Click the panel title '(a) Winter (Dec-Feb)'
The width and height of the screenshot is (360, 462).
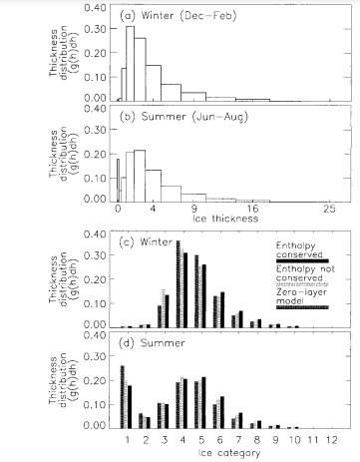click(178, 16)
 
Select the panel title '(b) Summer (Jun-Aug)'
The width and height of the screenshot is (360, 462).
click(183, 117)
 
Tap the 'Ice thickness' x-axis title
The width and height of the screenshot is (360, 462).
click(225, 219)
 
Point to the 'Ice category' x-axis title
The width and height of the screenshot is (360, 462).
click(229, 453)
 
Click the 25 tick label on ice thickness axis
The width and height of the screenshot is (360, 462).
click(329, 209)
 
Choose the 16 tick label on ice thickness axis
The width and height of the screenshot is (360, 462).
click(252, 209)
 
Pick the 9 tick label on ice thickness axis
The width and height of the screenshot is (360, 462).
click(193, 209)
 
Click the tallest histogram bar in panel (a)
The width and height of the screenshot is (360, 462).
click(130, 63)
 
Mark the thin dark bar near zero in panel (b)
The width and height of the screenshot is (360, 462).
click(118, 181)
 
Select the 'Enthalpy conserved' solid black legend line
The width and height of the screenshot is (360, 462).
click(302, 260)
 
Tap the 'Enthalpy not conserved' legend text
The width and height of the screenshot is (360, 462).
click(305, 273)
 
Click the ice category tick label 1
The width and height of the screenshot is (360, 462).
click(128, 440)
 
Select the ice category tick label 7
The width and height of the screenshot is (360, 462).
click(238, 440)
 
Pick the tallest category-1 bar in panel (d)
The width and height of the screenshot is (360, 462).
click(123, 397)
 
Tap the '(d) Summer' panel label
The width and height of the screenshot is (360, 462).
click(152, 343)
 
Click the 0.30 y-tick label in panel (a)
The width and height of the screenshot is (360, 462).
click(95, 29)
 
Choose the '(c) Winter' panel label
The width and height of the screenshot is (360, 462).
click(146, 241)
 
